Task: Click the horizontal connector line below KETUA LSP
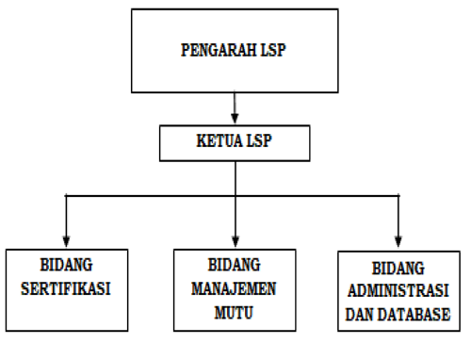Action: pos(151,196)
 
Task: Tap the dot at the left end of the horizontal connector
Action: pos(65,196)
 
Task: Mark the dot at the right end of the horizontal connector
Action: pos(398,196)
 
